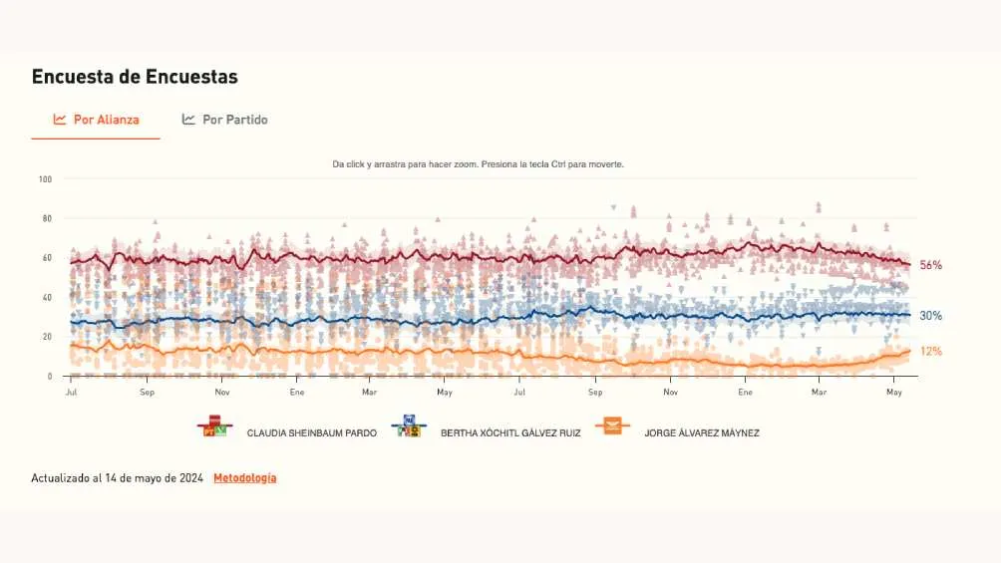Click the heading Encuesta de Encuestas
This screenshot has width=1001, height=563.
coord(135,77)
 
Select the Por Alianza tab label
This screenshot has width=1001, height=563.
coord(106,120)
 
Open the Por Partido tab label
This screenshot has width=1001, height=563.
coord(234,120)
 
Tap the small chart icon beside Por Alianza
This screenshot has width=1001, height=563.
coord(60,120)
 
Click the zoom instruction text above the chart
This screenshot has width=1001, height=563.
coord(478,164)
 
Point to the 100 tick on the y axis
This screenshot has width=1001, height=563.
coord(45,179)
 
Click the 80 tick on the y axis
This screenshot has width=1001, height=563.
coord(46,218)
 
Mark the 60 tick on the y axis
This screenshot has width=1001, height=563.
coord(46,258)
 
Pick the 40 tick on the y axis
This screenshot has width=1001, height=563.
coord(46,297)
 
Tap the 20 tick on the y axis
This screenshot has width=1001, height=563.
coord(46,337)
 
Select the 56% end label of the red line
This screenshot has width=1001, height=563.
coord(930,266)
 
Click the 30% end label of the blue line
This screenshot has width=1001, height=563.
coord(930,316)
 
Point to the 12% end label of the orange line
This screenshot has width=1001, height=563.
coord(930,352)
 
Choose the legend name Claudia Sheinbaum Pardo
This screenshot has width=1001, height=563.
coord(311,433)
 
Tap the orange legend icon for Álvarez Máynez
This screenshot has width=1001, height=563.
coord(611,426)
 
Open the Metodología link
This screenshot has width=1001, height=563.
coord(245,478)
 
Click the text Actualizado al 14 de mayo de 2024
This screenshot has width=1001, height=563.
coord(118,478)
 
